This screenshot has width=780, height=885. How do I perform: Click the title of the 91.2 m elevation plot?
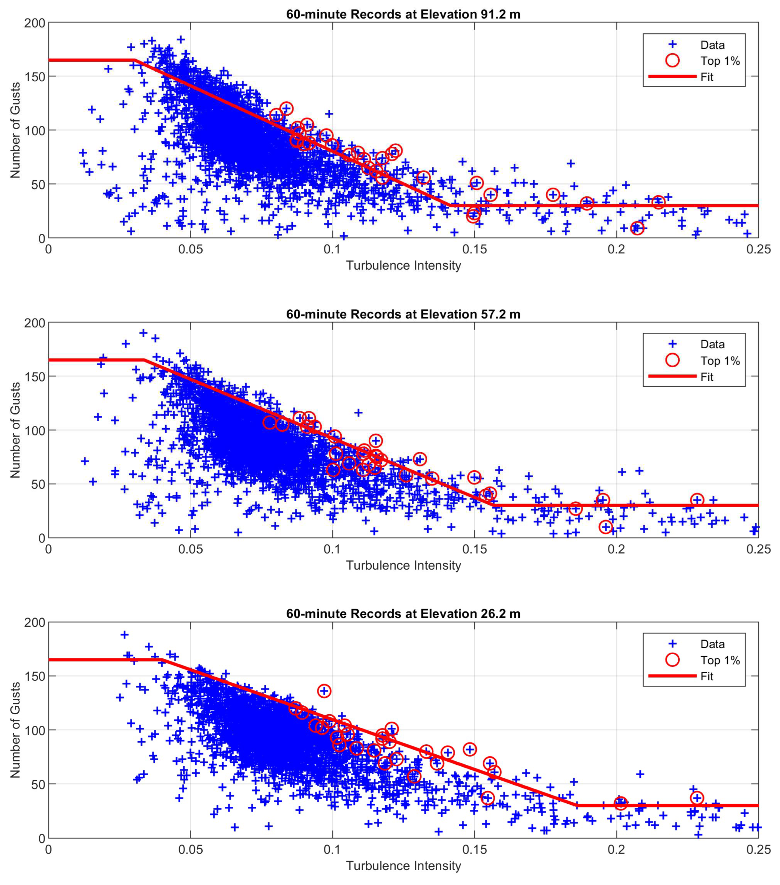403,14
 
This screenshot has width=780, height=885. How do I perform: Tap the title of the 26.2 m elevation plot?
403,614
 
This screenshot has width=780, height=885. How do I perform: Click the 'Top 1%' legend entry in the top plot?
720,61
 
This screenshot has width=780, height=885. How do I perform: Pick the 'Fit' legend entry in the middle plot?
707,377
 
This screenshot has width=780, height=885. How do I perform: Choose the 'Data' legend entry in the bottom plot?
713,644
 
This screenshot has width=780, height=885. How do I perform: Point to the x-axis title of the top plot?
403,265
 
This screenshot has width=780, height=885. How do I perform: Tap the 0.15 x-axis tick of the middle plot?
474,550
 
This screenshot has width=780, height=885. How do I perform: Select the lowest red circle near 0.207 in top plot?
637,228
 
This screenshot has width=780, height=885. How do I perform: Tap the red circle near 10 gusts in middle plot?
605,527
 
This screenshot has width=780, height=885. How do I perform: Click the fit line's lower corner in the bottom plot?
576,805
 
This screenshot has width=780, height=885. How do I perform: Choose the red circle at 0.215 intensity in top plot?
658,202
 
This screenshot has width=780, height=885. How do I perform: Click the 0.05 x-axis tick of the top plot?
190,250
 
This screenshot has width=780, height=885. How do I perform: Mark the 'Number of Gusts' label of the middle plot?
16,430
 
